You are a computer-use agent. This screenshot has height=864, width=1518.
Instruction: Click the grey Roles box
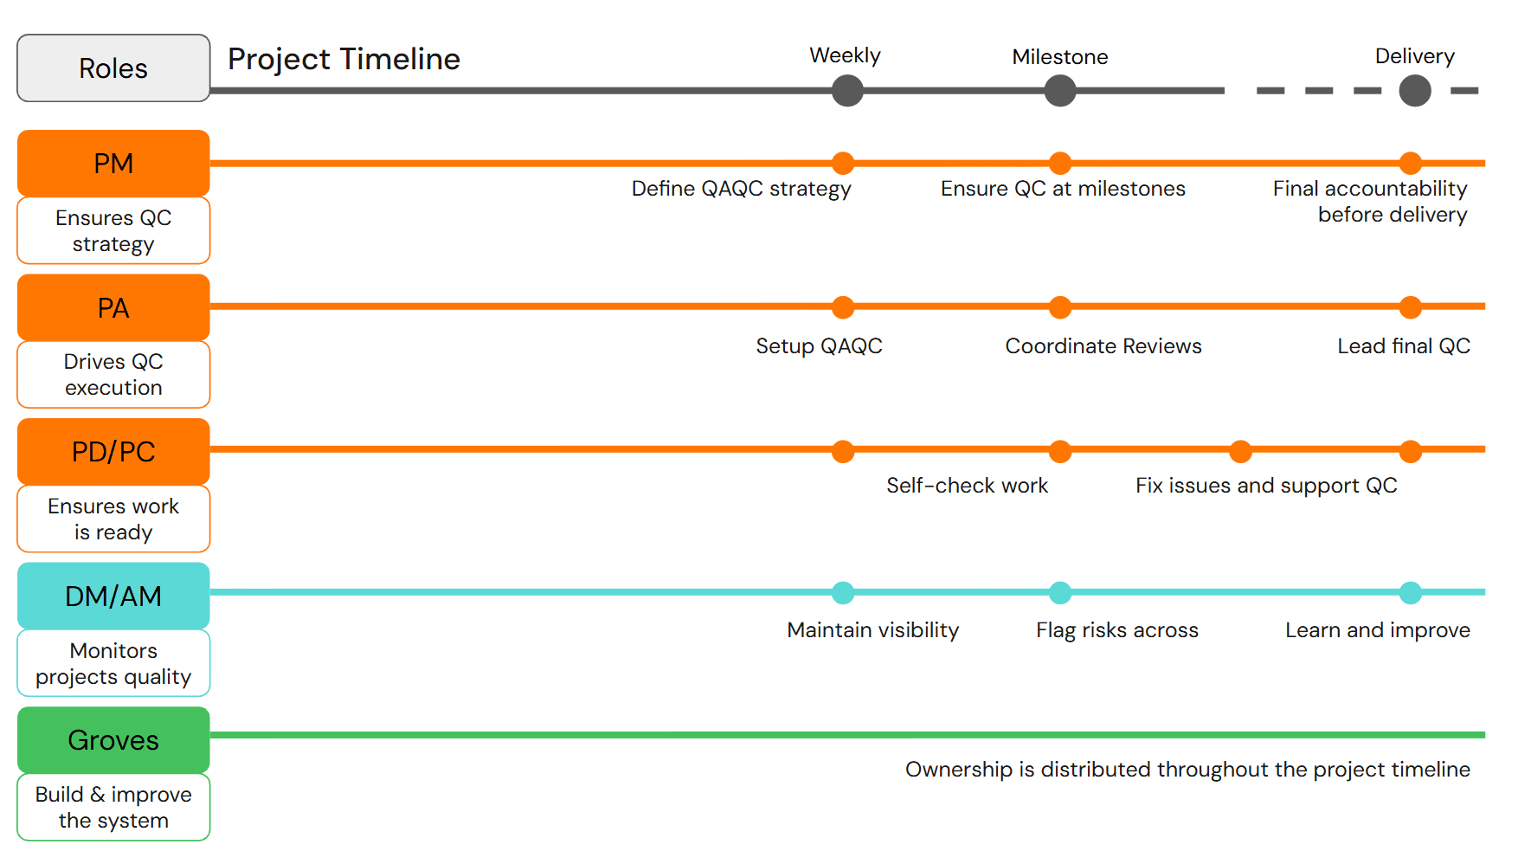pos(113,68)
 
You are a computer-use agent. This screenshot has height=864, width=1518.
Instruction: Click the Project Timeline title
pos(344,59)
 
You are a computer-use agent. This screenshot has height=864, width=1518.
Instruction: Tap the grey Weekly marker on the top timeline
pos(847,90)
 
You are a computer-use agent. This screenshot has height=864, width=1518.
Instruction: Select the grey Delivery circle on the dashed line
pos(1414,90)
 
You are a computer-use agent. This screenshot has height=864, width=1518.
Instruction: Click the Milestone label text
pos(1059,57)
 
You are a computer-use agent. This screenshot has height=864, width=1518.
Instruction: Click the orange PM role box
pos(113,163)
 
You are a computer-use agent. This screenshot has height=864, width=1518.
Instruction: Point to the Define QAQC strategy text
pos(741,189)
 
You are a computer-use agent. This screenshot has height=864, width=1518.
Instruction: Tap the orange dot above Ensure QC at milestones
pos(1059,163)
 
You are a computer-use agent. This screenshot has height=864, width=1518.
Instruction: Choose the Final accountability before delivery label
pos(1370,201)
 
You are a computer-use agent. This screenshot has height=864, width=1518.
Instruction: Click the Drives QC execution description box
pos(113,374)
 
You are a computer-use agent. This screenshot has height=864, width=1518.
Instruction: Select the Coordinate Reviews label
pos(1103,346)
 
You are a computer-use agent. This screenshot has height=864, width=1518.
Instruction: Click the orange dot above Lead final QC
pos(1410,306)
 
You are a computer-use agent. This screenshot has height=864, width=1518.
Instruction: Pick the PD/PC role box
pos(113,451)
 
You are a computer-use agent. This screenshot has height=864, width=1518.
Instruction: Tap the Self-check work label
pos(967,486)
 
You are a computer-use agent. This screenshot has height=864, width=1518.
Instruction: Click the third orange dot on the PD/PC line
pos(1240,451)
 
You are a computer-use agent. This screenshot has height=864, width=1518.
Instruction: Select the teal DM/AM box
pos(113,596)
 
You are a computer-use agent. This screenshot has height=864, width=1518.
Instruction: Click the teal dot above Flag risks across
pos(1059,593)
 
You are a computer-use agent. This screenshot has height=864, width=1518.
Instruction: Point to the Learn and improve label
pos(1377,630)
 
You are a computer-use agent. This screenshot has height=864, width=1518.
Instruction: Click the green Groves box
pos(113,740)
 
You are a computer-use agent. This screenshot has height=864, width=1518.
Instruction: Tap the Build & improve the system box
pos(113,807)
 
